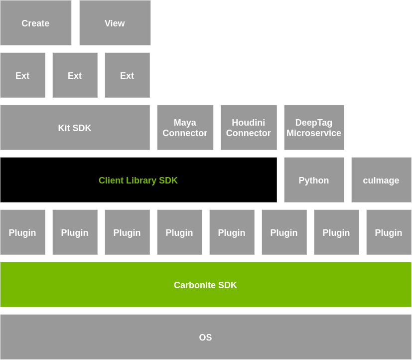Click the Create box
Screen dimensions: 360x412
[35, 23]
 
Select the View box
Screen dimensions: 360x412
[115, 23]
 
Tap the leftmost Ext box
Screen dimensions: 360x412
[22, 75]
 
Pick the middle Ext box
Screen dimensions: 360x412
[75, 75]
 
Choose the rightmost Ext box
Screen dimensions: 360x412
[127, 75]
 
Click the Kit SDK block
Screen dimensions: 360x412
[75, 128]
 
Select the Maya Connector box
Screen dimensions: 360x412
[185, 128]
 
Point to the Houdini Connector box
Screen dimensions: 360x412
[249, 128]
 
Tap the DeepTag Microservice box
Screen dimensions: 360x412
[314, 128]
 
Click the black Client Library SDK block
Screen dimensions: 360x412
[138, 180]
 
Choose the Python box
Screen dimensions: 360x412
[314, 180]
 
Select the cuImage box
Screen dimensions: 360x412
[381, 180]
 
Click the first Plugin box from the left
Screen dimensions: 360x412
[22, 232]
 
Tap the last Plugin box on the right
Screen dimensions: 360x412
[389, 232]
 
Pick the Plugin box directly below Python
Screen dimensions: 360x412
[336, 232]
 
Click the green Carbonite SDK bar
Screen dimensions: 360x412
[205, 285]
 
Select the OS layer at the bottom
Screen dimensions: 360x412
[205, 337]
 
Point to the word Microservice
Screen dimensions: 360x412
[314, 134]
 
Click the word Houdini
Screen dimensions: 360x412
[249, 123]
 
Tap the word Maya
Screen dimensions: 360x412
[185, 123]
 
